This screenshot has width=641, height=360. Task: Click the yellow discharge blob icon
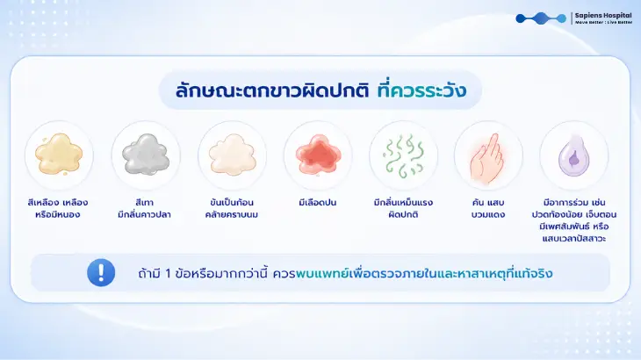point(59,155)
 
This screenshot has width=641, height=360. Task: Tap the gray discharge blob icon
point(146,155)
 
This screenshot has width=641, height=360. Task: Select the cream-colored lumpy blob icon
point(232,155)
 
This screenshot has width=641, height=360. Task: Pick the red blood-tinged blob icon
point(318,155)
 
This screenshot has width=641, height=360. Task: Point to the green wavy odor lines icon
point(404,155)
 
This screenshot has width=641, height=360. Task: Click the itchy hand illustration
point(487,157)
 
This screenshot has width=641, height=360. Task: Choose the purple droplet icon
point(574,155)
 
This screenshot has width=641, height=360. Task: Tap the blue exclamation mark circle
point(101,272)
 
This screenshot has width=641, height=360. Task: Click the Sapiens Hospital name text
point(603,16)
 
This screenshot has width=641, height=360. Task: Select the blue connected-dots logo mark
point(541,18)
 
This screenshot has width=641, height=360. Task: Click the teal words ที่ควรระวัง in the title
point(421,90)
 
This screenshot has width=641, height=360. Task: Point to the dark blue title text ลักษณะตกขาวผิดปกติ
point(272,90)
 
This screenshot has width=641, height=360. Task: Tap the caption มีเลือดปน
point(318,202)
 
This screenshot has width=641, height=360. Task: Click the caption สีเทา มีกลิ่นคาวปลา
point(144,208)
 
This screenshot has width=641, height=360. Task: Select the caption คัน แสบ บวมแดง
point(487,208)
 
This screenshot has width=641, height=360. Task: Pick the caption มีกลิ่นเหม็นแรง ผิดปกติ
point(403,208)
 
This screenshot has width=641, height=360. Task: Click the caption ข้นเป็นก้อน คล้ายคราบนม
point(232,208)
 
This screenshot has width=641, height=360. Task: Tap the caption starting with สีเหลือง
point(58,208)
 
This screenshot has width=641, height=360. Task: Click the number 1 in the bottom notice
point(168,273)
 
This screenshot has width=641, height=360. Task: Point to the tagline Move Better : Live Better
point(603,23)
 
